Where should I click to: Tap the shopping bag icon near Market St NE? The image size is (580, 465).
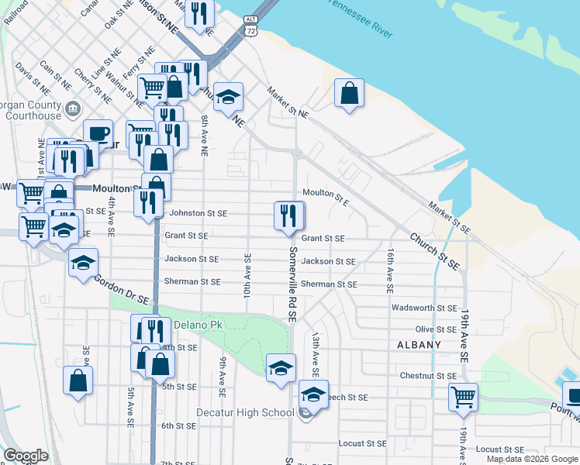click(x=350, y=94)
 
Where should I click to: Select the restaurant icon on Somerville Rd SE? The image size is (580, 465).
click(x=289, y=216)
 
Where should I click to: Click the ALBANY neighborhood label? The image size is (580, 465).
click(x=419, y=345)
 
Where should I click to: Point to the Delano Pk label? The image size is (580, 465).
click(x=198, y=325)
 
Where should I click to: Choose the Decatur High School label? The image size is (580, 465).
click(x=244, y=412)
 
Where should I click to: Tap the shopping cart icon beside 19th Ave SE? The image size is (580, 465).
click(x=463, y=398)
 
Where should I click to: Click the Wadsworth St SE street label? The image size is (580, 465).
click(x=424, y=308)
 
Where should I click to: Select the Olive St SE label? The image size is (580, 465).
click(x=435, y=329)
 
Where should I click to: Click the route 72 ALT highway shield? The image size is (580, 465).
click(x=250, y=26)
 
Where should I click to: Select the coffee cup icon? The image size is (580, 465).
click(x=98, y=133)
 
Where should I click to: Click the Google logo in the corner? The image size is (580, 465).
click(x=26, y=456)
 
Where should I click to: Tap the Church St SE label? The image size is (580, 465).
click(x=435, y=251)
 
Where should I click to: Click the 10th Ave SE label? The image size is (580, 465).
click(x=248, y=275)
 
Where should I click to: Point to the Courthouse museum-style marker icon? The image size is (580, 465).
click(x=74, y=108)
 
